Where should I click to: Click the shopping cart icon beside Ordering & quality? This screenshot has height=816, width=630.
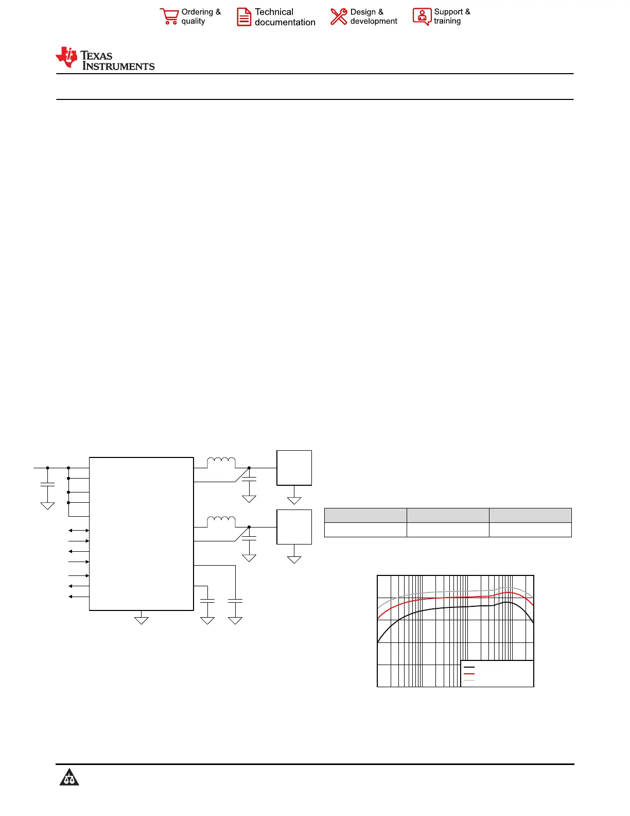169,16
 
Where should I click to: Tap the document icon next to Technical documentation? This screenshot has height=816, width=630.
244,17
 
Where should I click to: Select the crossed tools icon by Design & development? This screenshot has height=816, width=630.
339,16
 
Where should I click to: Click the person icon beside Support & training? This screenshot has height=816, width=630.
422,16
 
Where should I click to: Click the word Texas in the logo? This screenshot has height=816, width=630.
96,56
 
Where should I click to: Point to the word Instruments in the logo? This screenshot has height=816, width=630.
118,66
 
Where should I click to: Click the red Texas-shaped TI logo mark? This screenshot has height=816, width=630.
66,57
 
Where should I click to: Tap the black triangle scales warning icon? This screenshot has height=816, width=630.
69,777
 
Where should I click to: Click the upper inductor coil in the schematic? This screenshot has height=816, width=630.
221,462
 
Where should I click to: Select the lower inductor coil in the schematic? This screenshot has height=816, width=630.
221,521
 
